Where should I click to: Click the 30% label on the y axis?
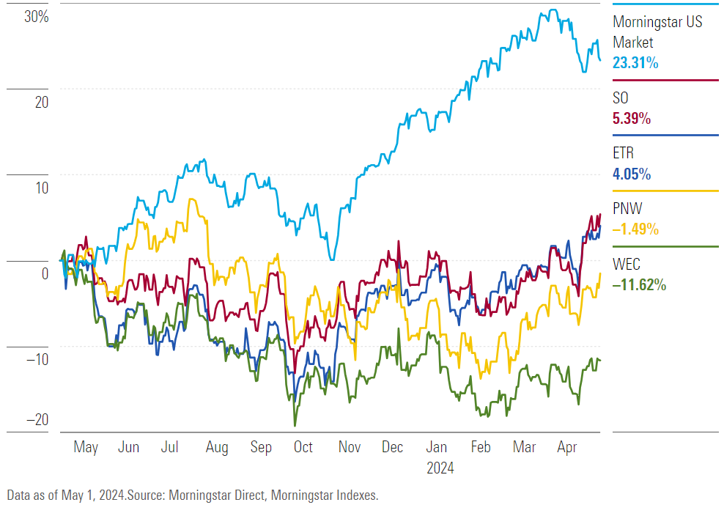pos(36,16)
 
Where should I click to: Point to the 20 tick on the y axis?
pos(41,102)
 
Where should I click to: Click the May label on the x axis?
pos(86,447)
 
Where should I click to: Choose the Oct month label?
pos(303,447)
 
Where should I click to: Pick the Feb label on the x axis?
pos(481,447)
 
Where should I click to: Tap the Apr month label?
pos(566,447)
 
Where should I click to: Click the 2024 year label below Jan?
pos(440,468)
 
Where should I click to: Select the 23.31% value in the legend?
pos(635,63)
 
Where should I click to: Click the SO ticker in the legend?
pos(621,98)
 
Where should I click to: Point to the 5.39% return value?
pos(632,119)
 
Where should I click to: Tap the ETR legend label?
pos(624,154)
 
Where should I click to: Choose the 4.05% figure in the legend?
pos(632,174)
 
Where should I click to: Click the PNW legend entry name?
pos(627,210)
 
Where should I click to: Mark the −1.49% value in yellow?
pos(635,229)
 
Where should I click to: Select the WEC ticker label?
pos(627,265)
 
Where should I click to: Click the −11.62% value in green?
pos(639,285)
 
